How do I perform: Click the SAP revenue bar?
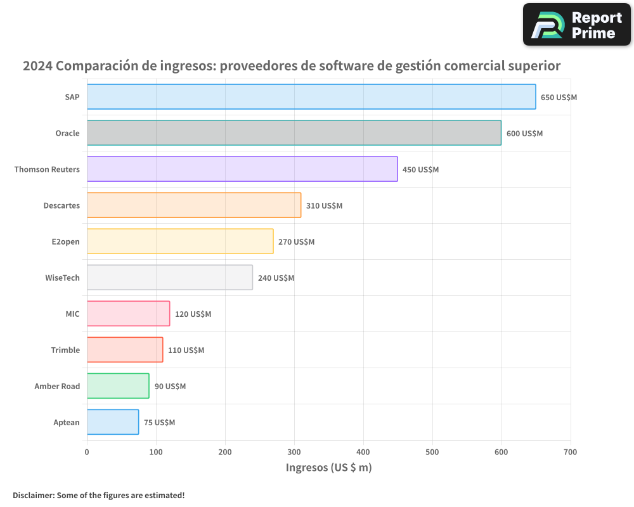tap(311, 97)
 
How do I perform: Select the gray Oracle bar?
tap(294, 133)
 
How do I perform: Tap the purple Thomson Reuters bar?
tap(242, 169)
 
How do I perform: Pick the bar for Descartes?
tap(193, 205)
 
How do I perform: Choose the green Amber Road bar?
tap(118, 386)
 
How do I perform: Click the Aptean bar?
tap(112, 422)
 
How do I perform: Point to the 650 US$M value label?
tap(559, 98)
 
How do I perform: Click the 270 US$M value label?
tap(296, 242)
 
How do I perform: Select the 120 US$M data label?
tap(193, 314)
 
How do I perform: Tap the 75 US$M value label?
tap(159, 423)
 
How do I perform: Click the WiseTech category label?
tap(62, 278)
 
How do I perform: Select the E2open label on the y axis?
tap(65, 242)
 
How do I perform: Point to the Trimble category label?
tap(65, 350)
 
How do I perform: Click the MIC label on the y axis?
tap(72, 314)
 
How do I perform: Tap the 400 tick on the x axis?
tap(363, 452)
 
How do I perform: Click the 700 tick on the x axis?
tap(570, 452)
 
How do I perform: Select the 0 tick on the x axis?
tap(87, 452)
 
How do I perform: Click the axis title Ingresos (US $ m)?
tap(328, 468)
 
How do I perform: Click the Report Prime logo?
tap(576, 25)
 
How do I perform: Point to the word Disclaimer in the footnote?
tap(33, 495)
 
